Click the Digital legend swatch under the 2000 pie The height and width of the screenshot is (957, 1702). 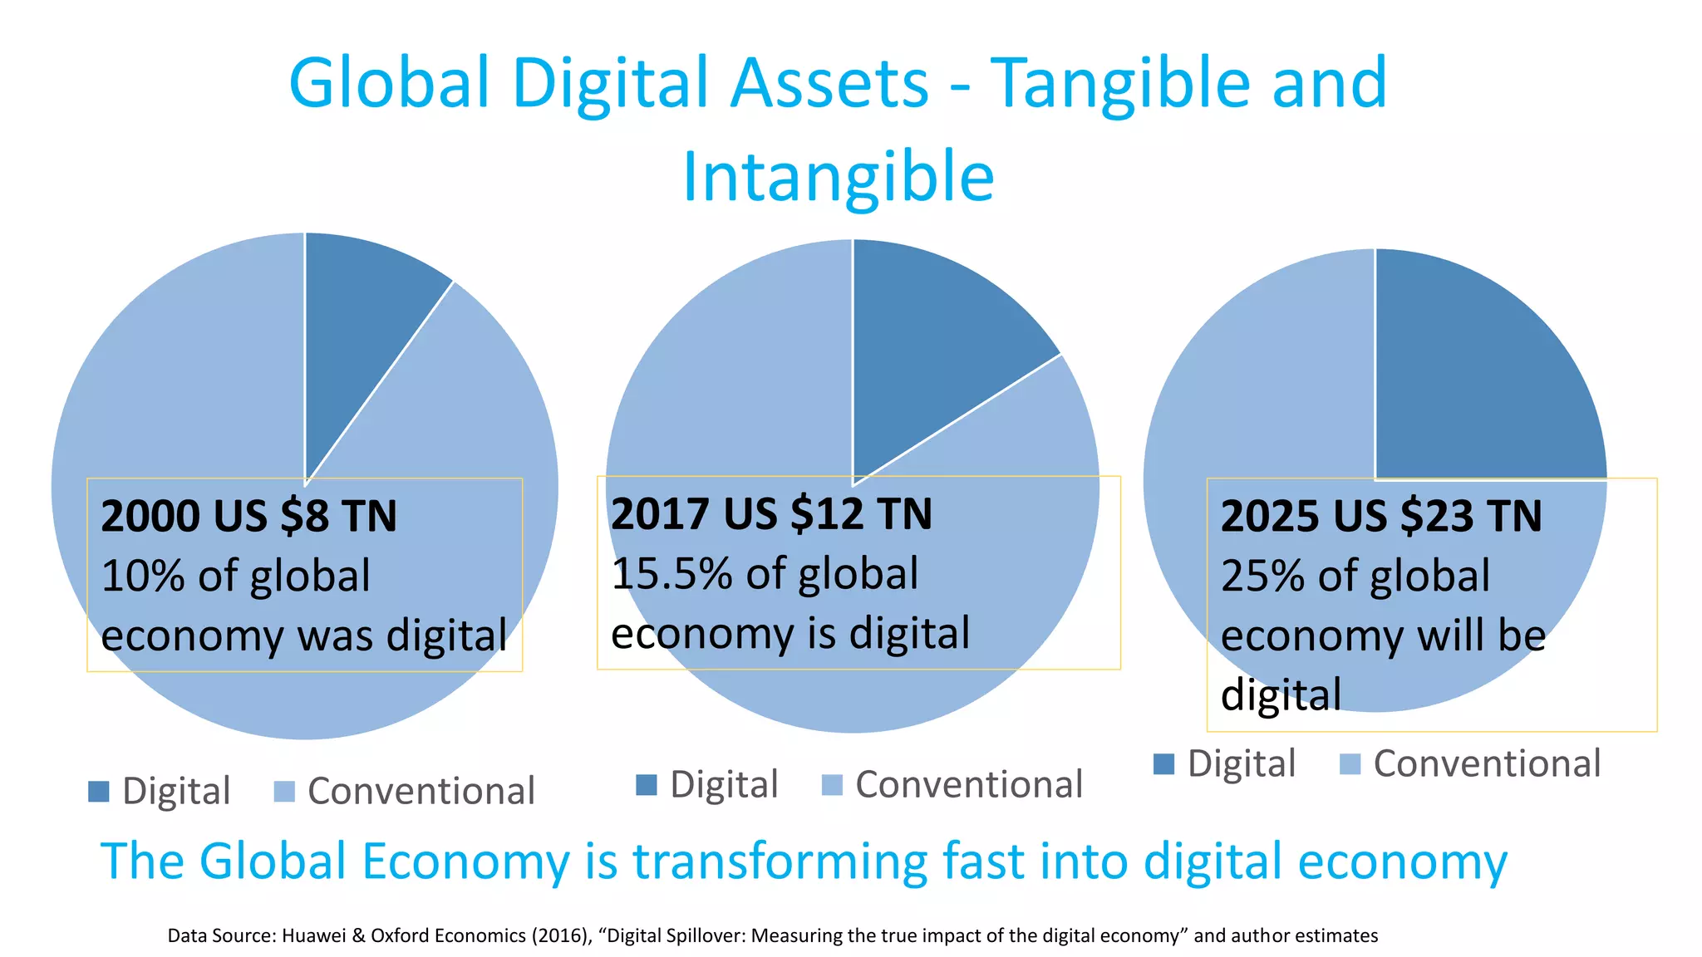99,792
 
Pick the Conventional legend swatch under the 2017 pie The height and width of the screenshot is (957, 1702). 832,785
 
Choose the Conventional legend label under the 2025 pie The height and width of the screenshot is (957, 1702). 1487,763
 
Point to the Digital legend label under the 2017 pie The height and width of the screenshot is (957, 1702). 724,785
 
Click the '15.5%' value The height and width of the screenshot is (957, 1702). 671,574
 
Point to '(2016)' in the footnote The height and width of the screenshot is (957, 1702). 559,936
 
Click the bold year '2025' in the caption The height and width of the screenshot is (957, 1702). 1270,516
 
